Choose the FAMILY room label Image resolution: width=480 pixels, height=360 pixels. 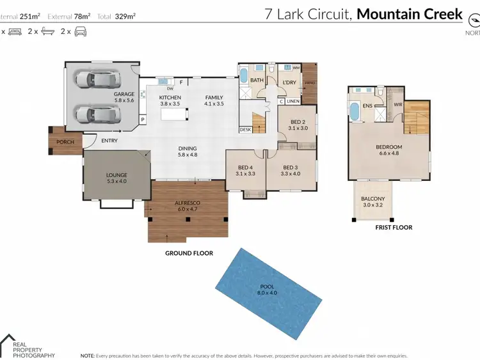tap(213, 97)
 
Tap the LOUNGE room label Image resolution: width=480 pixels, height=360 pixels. tap(116, 175)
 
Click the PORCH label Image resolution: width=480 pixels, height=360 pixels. tap(65, 142)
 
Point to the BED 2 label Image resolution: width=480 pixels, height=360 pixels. tap(298, 122)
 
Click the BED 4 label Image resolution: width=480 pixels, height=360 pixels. tap(245, 169)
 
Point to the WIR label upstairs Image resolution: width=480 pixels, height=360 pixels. tap(397, 104)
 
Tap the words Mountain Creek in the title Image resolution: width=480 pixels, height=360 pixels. tap(409, 13)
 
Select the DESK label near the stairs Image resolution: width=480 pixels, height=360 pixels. tap(245, 129)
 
